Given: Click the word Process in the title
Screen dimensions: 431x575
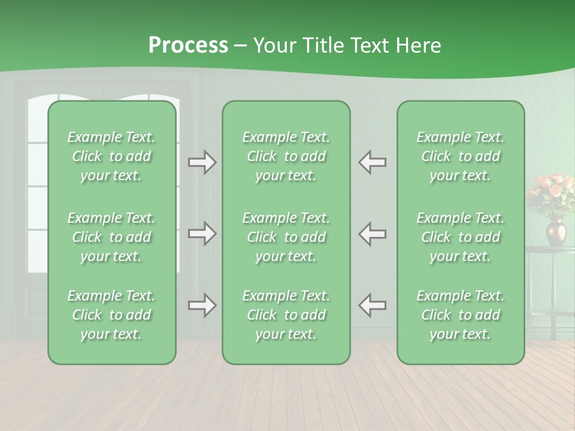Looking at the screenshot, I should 188,45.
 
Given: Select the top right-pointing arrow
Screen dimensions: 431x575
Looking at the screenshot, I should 202,162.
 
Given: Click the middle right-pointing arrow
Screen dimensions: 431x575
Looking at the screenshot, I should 202,233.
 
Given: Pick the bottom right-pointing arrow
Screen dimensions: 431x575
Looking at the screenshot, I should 202,305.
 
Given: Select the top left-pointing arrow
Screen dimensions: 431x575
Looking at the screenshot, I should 372,162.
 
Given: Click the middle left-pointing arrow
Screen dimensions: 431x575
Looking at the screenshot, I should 372,233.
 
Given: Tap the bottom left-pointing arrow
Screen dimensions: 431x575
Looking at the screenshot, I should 372,305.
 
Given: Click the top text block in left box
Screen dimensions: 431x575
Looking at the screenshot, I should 111,156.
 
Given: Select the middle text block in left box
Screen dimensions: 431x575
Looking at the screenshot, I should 111,237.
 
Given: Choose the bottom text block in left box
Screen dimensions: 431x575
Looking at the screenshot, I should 111,315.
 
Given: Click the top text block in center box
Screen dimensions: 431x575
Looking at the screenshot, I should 286,156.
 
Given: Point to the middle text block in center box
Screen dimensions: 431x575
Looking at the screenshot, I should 286,237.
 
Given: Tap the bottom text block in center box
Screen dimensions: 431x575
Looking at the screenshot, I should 286,315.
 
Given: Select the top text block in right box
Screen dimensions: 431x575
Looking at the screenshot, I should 461,156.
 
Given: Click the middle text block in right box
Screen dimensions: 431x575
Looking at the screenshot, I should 461,237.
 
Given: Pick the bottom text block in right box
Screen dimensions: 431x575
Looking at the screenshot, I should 461,315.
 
